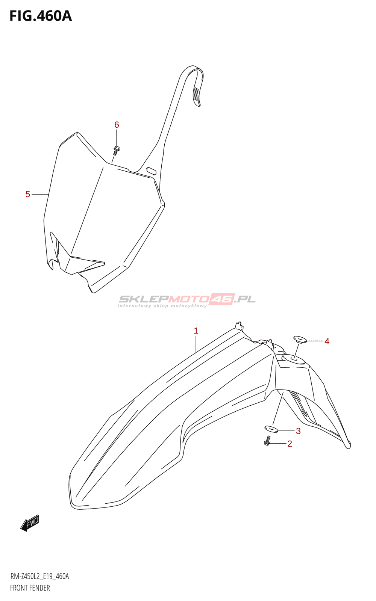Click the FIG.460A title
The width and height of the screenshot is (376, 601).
(41, 16)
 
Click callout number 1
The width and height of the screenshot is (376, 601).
(196, 331)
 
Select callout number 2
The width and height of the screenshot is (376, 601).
(290, 444)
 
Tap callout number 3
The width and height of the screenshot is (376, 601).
(298, 431)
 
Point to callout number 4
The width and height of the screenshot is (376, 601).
(327, 341)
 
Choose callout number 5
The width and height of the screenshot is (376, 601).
(28, 194)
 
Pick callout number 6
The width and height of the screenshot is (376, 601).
(117, 125)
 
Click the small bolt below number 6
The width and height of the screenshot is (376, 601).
(116, 150)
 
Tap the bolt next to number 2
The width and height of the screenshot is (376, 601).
(267, 441)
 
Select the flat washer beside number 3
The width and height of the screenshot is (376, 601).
(271, 429)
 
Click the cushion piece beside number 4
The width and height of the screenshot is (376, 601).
(300, 340)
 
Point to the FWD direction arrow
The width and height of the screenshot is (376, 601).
(30, 522)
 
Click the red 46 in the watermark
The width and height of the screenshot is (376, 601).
(222, 299)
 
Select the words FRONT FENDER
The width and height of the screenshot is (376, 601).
(30, 588)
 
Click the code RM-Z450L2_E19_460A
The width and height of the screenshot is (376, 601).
(39, 576)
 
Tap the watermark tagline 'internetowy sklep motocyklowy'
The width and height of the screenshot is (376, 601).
(162, 306)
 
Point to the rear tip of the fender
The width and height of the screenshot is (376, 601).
(348, 445)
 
